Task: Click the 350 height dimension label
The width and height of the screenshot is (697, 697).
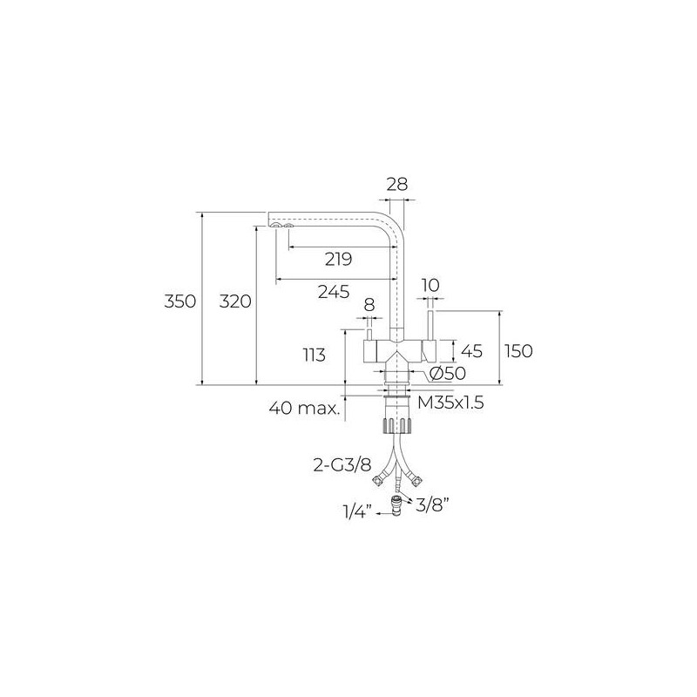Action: pos(180,301)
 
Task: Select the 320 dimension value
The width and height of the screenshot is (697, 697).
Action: pos(235,301)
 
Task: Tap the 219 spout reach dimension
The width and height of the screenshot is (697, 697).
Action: pos(338,259)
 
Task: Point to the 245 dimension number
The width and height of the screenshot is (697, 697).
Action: pos(334,292)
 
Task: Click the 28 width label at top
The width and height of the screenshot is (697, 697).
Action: pos(396,184)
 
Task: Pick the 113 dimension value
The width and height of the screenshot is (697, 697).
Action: pos(315,355)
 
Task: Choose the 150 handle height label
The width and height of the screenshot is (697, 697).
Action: pos(518,351)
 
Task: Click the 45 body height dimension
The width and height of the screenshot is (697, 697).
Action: pos(471,351)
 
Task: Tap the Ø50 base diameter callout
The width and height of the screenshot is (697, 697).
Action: pos(448,374)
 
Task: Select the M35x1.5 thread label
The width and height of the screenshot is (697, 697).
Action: pos(450,403)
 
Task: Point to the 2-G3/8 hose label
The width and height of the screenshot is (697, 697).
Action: pos(342,465)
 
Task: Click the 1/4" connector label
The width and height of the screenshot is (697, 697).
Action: pos(356,512)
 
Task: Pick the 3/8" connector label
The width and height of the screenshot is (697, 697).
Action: pos(431,504)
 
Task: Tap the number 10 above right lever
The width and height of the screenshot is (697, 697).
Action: pos(430,286)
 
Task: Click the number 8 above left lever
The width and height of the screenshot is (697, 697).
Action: pos(369,305)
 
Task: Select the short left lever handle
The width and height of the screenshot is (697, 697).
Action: pos(369,335)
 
